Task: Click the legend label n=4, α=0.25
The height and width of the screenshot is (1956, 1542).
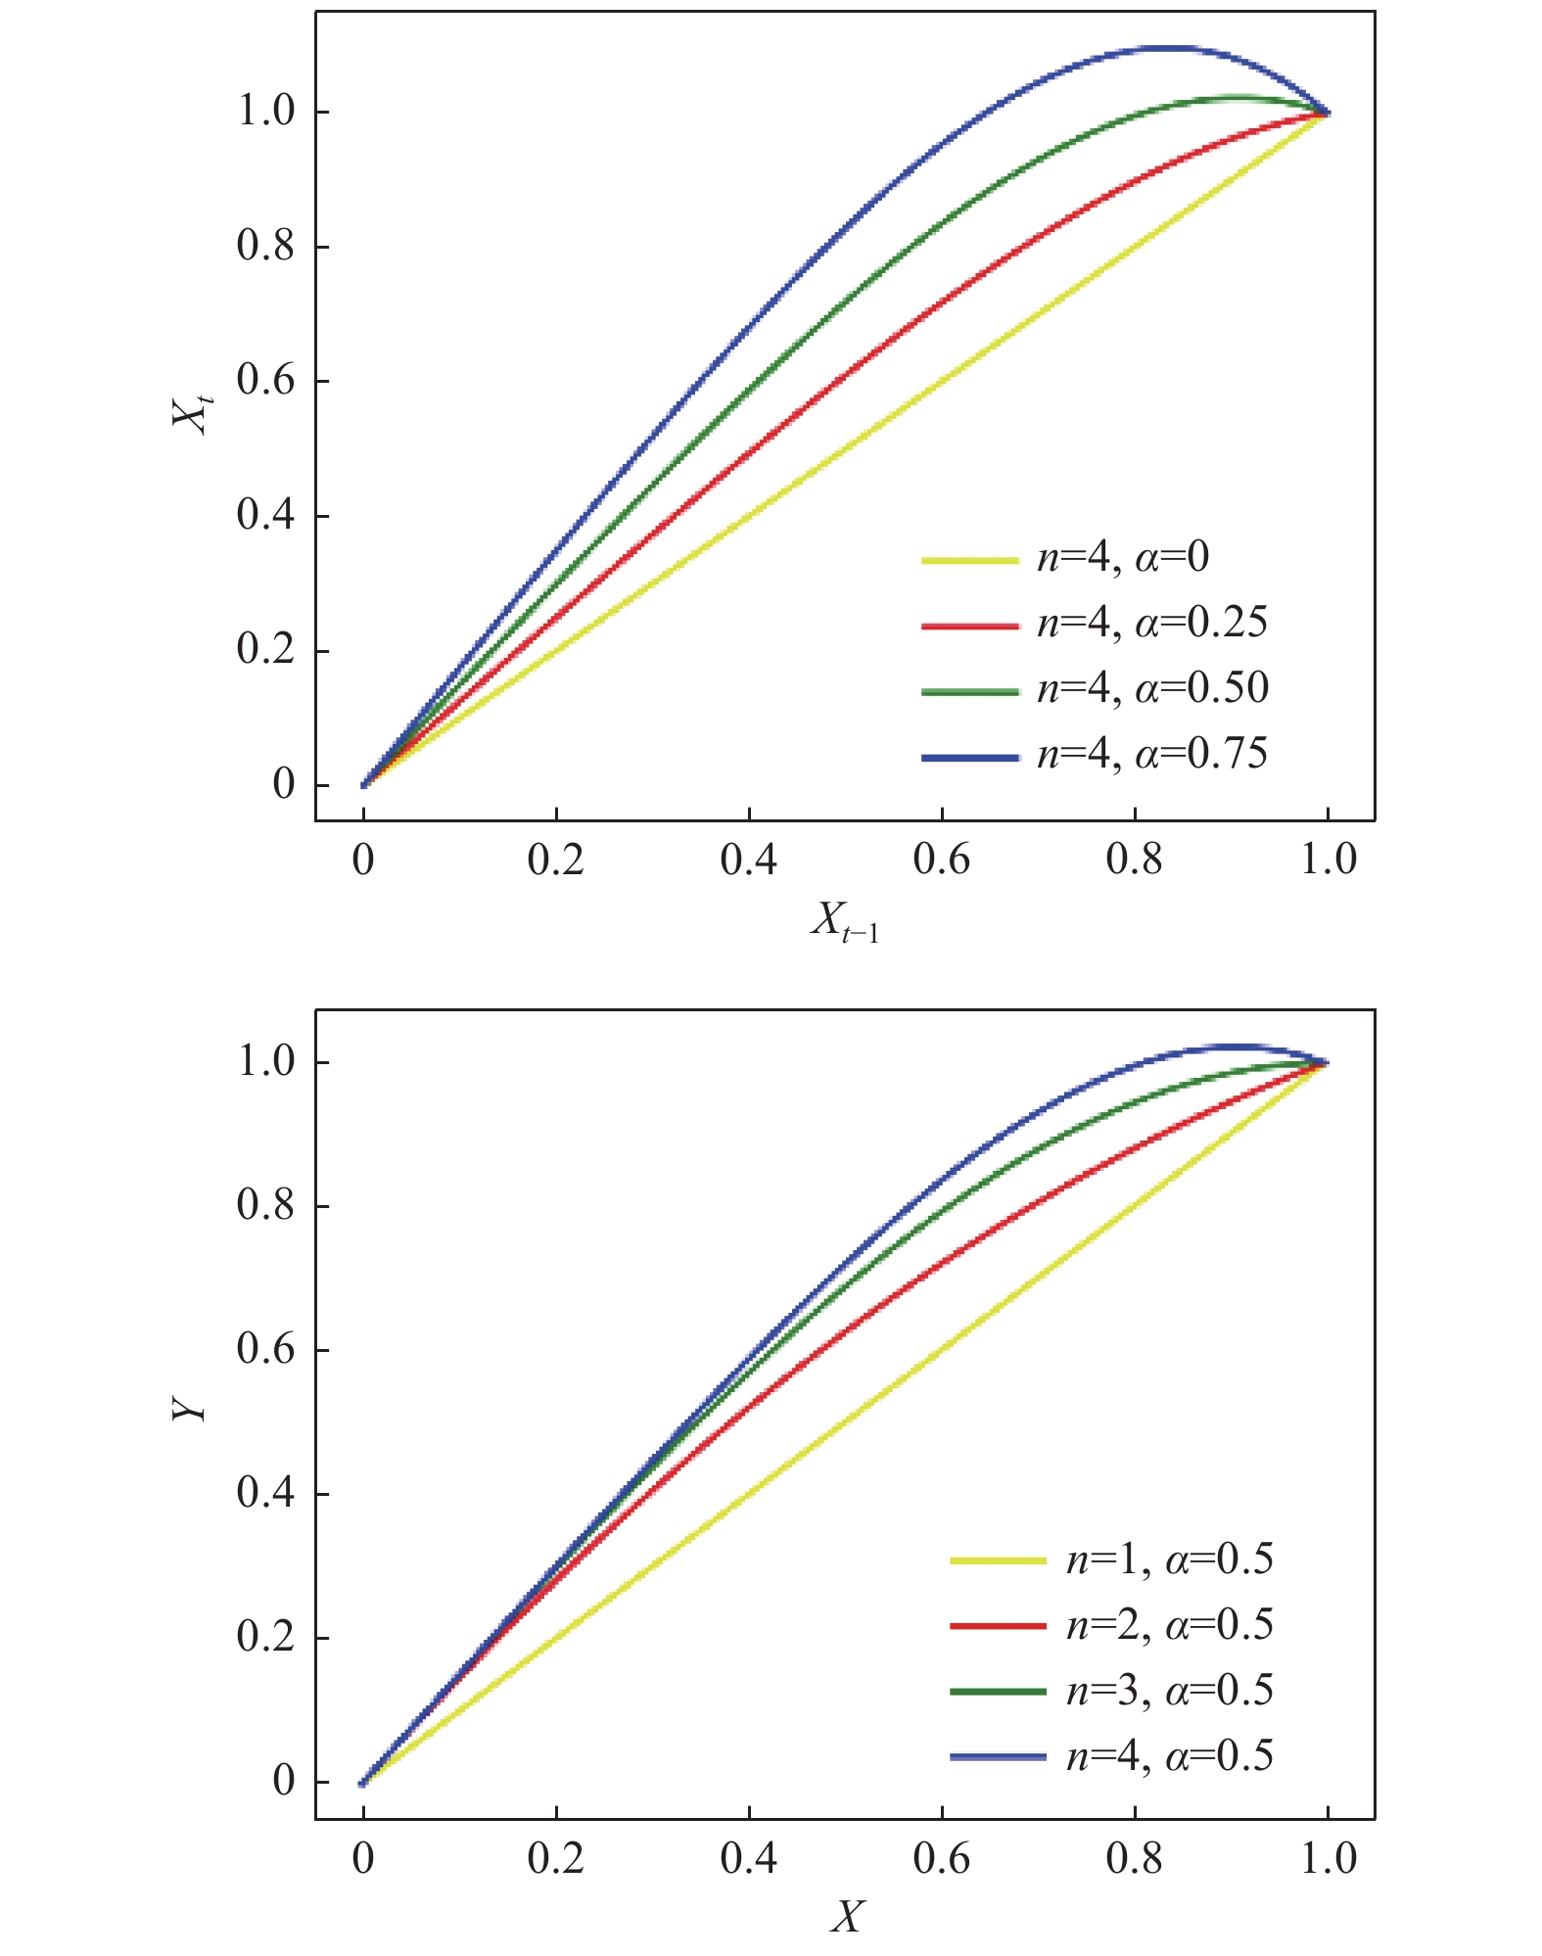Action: coord(1152,623)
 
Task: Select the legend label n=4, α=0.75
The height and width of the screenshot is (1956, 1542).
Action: coord(1152,754)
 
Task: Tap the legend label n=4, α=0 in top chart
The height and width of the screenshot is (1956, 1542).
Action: coord(1123,557)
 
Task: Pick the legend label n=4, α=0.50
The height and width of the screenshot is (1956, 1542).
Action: coord(1152,688)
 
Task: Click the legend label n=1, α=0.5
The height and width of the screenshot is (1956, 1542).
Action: coord(1169,1559)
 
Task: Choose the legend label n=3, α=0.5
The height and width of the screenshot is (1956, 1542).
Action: coord(1169,1690)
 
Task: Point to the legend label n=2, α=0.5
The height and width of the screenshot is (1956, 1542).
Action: coord(1169,1624)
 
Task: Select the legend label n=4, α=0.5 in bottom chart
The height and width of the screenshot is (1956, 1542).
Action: coord(1169,1755)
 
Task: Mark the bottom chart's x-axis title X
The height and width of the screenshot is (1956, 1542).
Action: coord(846,1916)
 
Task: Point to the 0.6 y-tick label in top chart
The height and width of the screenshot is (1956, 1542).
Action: coord(265,381)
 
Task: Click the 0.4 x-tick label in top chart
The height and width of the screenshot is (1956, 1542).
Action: coord(749,860)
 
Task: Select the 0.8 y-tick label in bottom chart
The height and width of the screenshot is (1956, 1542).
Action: coord(265,1205)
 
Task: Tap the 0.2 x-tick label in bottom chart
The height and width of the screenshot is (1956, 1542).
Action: coord(556,1856)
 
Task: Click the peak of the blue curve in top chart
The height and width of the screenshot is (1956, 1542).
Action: coord(1165,47)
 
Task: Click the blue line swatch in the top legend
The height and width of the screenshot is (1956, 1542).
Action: coord(969,757)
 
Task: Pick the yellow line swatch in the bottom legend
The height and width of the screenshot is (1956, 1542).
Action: coord(998,1560)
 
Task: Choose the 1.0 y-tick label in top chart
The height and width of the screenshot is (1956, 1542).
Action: coord(265,112)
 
